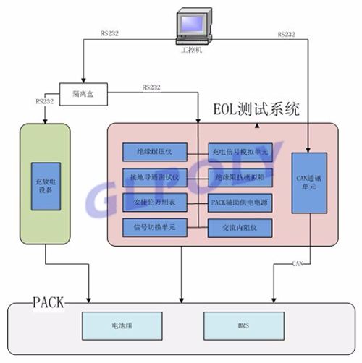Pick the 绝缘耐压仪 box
155,151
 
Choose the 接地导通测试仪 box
155,176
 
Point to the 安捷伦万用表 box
155,201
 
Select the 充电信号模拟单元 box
240,151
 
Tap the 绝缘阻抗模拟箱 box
240,176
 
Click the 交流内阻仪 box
240,227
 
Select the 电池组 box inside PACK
113,323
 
